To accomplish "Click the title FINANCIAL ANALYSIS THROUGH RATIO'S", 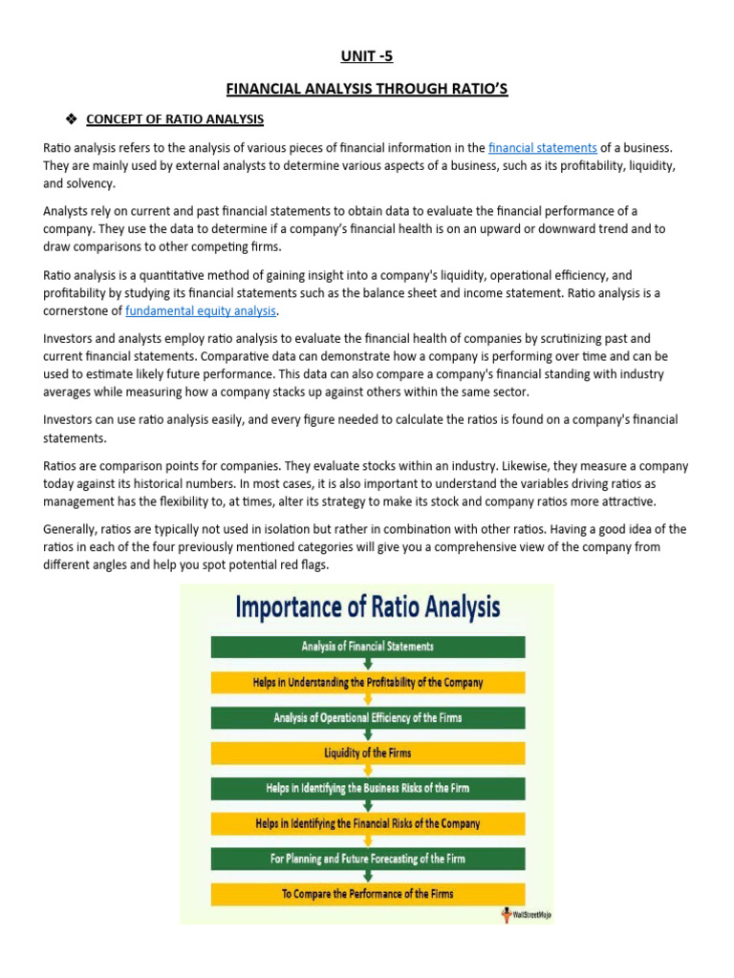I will tap(367, 89).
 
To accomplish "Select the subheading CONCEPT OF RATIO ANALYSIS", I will tap(175, 119).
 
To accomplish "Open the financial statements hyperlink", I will tap(542, 148).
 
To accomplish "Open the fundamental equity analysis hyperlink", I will tap(201, 310).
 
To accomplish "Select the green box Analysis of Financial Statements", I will tap(368, 647).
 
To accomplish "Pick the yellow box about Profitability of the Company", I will tap(368, 683).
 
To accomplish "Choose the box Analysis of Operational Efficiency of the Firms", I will tap(368, 718).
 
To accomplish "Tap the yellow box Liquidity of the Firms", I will tap(368, 754).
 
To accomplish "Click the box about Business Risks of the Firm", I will tap(368, 789).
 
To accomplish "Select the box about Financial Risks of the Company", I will tap(368, 823).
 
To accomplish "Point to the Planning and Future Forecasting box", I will tap(368, 859).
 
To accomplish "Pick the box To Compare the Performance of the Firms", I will tap(368, 894).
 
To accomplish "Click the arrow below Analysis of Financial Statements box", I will tap(368, 665).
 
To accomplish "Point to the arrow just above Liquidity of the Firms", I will tap(368, 735).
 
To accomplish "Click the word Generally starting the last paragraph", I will tap(70, 529).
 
